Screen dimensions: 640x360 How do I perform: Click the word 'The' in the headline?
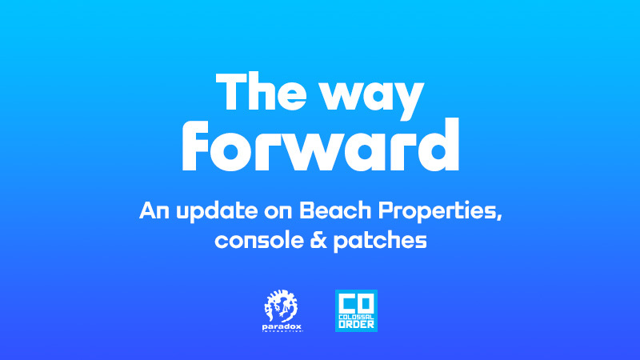click(x=262, y=91)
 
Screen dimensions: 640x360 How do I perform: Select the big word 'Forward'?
click(x=321, y=145)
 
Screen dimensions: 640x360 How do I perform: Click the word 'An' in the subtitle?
click(x=154, y=210)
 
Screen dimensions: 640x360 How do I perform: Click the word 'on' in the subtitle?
click(x=278, y=212)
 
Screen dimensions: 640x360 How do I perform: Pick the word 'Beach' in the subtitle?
click(x=335, y=210)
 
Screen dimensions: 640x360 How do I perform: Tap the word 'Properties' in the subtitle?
click(x=437, y=212)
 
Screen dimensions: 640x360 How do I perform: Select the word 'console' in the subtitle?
click(x=259, y=241)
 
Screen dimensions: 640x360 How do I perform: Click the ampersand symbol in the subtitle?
click(x=318, y=241)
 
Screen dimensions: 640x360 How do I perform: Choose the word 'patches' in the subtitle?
click(x=380, y=242)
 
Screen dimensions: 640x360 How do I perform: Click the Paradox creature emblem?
click(x=281, y=306)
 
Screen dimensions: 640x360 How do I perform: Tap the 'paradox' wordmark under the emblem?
click(x=282, y=327)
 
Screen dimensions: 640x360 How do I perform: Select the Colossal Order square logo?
click(x=356, y=310)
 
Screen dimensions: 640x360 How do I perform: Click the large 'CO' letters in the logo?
click(x=356, y=304)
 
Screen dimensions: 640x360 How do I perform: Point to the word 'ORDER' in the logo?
click(x=356, y=325)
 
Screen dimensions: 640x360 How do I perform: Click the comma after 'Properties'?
click(x=498, y=217)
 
